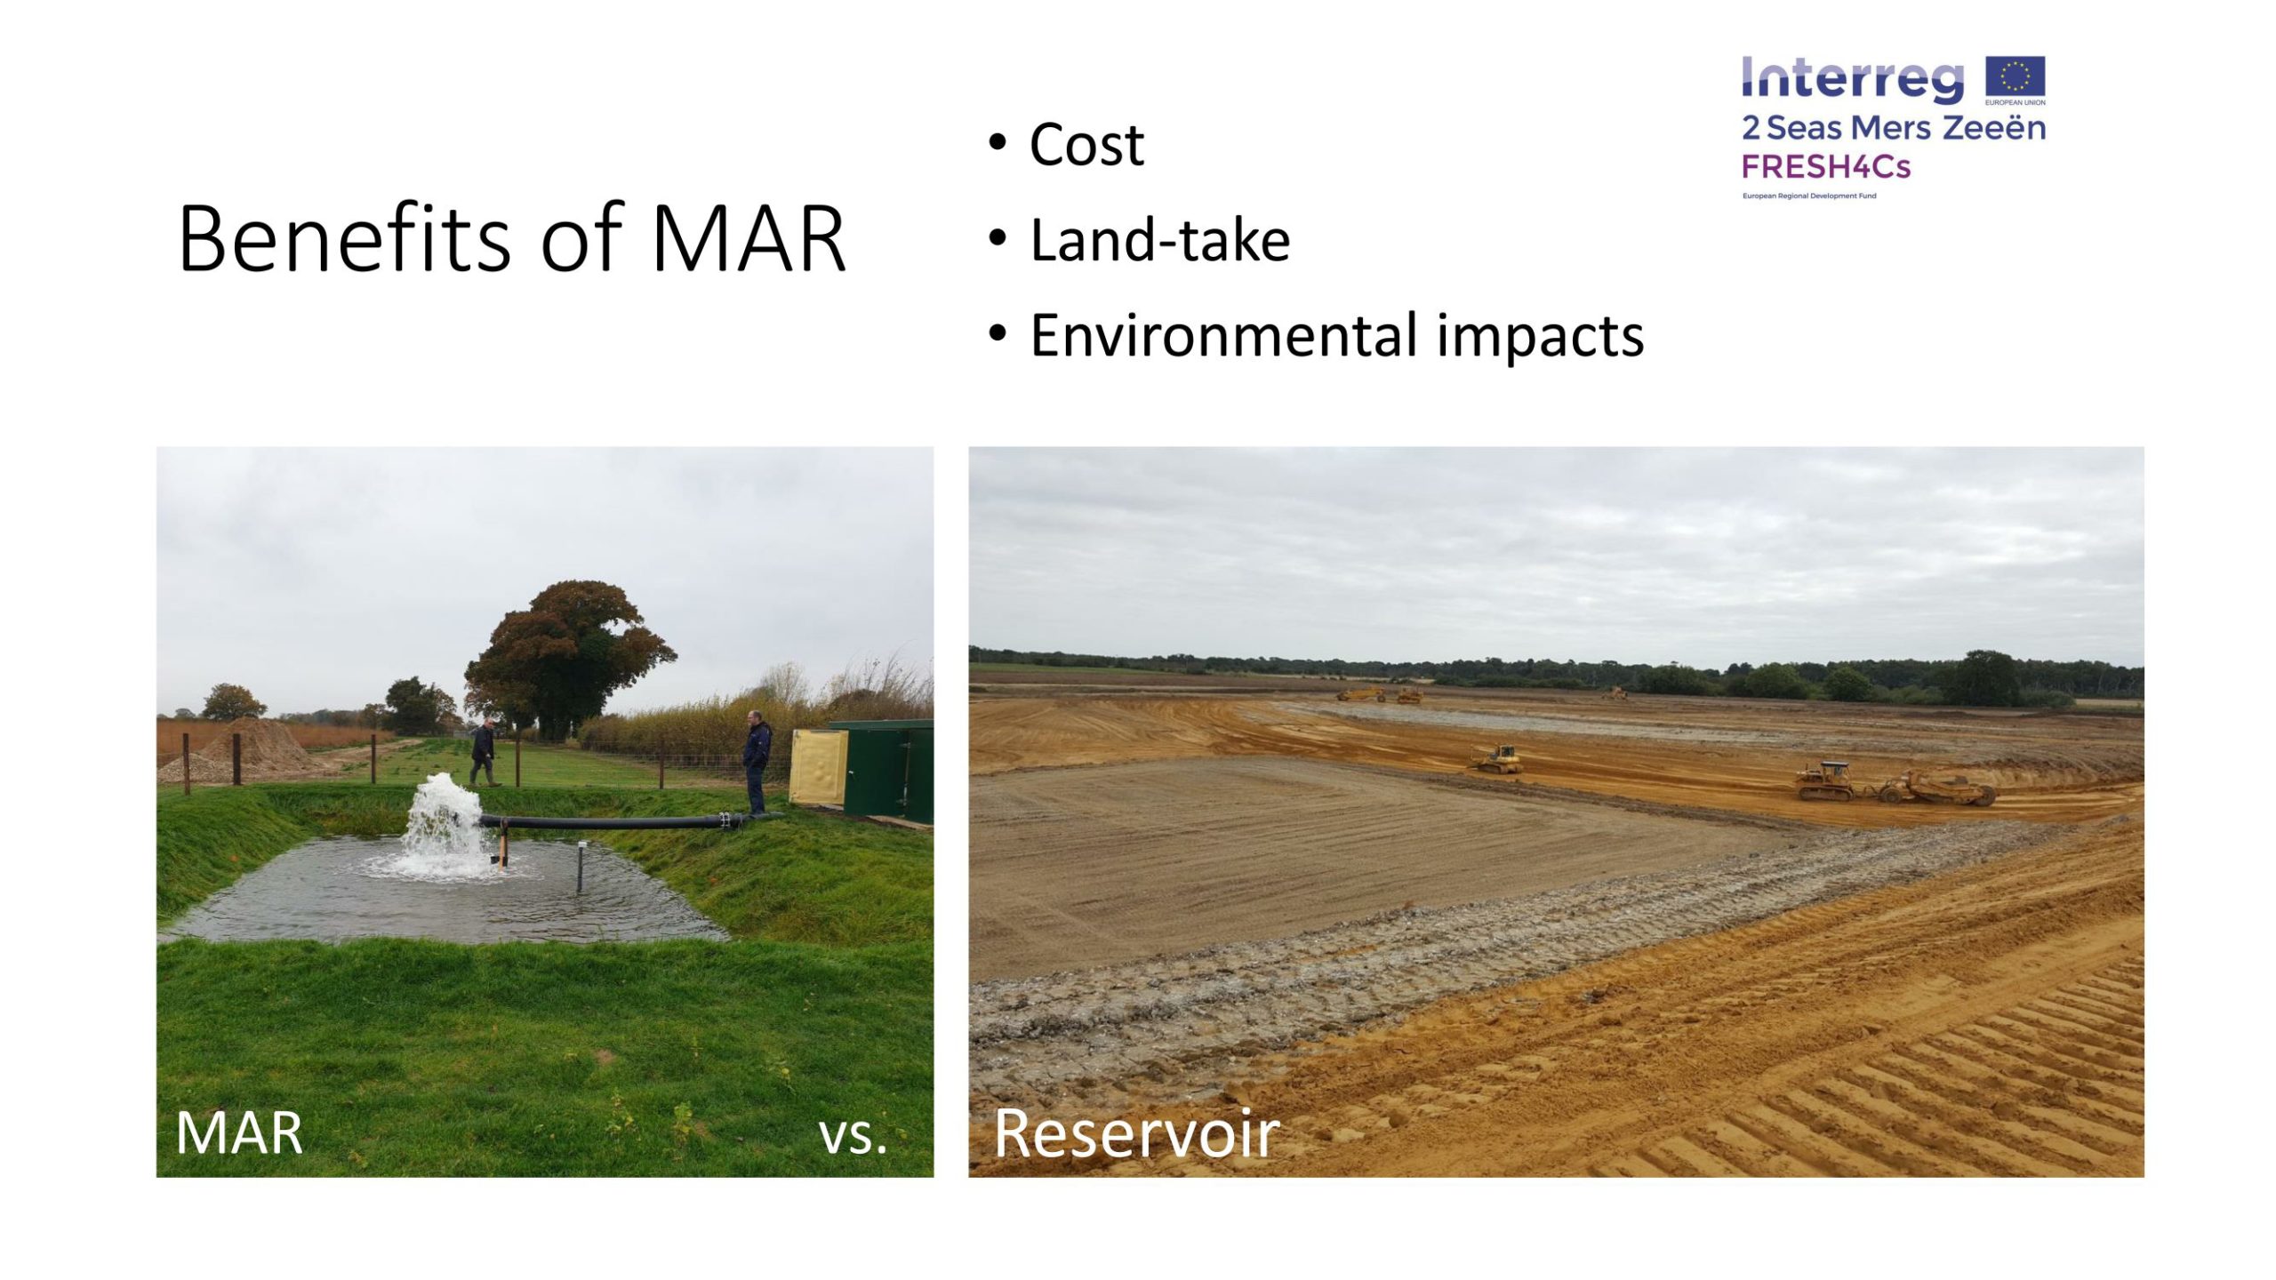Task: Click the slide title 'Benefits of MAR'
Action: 511,238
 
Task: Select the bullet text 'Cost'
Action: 1086,144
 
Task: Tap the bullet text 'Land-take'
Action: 1159,240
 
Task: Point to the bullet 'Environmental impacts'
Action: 1337,335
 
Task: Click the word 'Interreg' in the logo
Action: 1852,78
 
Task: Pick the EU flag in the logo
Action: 2016,76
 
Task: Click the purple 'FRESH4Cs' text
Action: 1825,166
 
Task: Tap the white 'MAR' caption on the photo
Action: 239,1133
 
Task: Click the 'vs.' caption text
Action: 853,1137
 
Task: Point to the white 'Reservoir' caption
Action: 1136,1133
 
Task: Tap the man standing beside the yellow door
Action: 756,762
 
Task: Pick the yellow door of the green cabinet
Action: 818,768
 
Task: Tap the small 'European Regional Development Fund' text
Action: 1808,196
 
